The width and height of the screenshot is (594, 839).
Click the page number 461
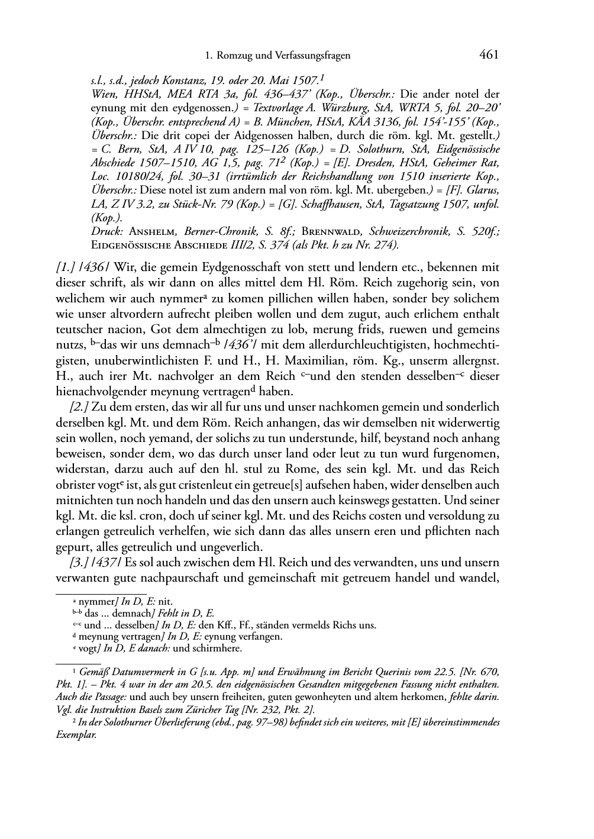point(489,55)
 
